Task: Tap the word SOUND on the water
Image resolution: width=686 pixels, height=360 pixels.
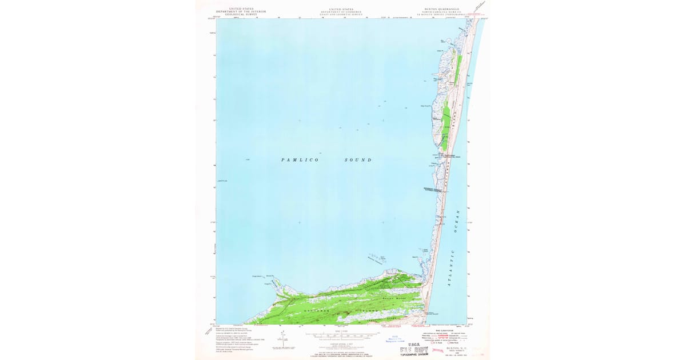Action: coord(358,160)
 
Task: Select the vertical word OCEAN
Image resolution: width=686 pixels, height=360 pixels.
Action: coord(457,220)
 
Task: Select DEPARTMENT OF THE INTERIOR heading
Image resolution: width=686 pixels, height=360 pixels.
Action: coord(241,12)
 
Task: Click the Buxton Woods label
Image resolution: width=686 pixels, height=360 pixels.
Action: coord(390,298)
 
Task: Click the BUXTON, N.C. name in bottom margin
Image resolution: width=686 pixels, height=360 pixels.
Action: coord(457,348)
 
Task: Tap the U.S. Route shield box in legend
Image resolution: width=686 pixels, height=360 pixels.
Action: coord(433,342)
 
